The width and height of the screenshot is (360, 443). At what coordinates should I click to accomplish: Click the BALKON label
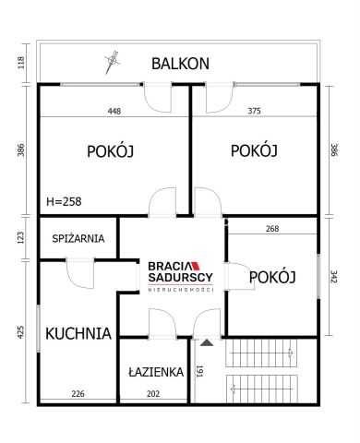tap(181, 64)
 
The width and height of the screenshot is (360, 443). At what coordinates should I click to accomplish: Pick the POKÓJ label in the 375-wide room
tap(255, 151)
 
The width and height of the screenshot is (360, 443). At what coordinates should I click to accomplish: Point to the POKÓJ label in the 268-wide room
tap(272, 278)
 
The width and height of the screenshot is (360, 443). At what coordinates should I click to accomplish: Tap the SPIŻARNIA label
tap(78, 238)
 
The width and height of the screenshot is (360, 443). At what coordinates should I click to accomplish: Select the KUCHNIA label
tap(78, 333)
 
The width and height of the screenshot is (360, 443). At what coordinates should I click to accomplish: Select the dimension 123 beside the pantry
tap(20, 237)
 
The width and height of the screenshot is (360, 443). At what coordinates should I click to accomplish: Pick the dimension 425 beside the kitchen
tap(20, 330)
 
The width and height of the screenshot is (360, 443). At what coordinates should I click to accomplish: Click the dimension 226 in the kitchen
tap(78, 394)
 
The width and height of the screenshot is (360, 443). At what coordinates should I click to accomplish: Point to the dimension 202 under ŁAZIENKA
tap(153, 394)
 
